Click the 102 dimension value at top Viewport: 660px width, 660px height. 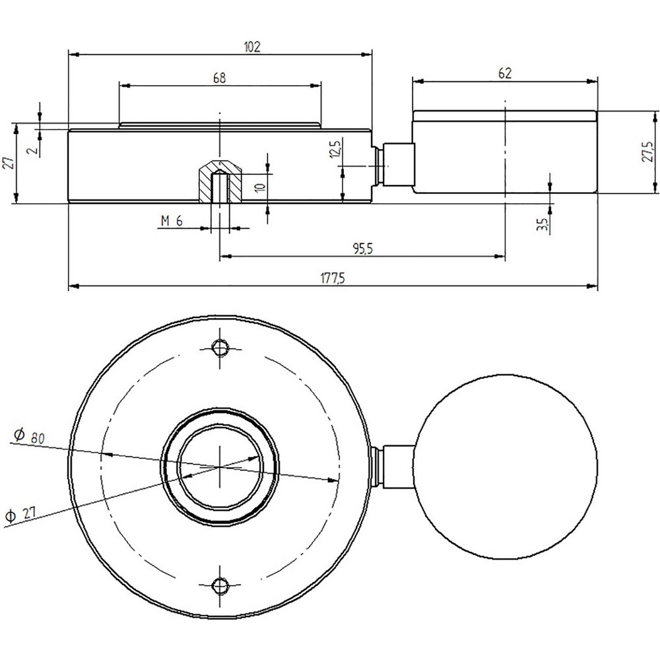(x=253, y=47)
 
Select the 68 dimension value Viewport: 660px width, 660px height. (x=220, y=77)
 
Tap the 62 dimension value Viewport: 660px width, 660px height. (x=505, y=73)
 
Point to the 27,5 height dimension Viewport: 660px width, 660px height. (x=649, y=151)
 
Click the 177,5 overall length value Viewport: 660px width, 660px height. (x=333, y=279)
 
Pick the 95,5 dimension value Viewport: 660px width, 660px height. (x=360, y=248)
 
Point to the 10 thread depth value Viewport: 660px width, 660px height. (x=260, y=187)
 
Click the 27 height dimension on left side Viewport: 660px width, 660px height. (x=9, y=163)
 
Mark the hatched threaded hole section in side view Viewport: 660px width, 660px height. (x=220, y=181)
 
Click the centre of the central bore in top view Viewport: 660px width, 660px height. (x=219, y=467)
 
